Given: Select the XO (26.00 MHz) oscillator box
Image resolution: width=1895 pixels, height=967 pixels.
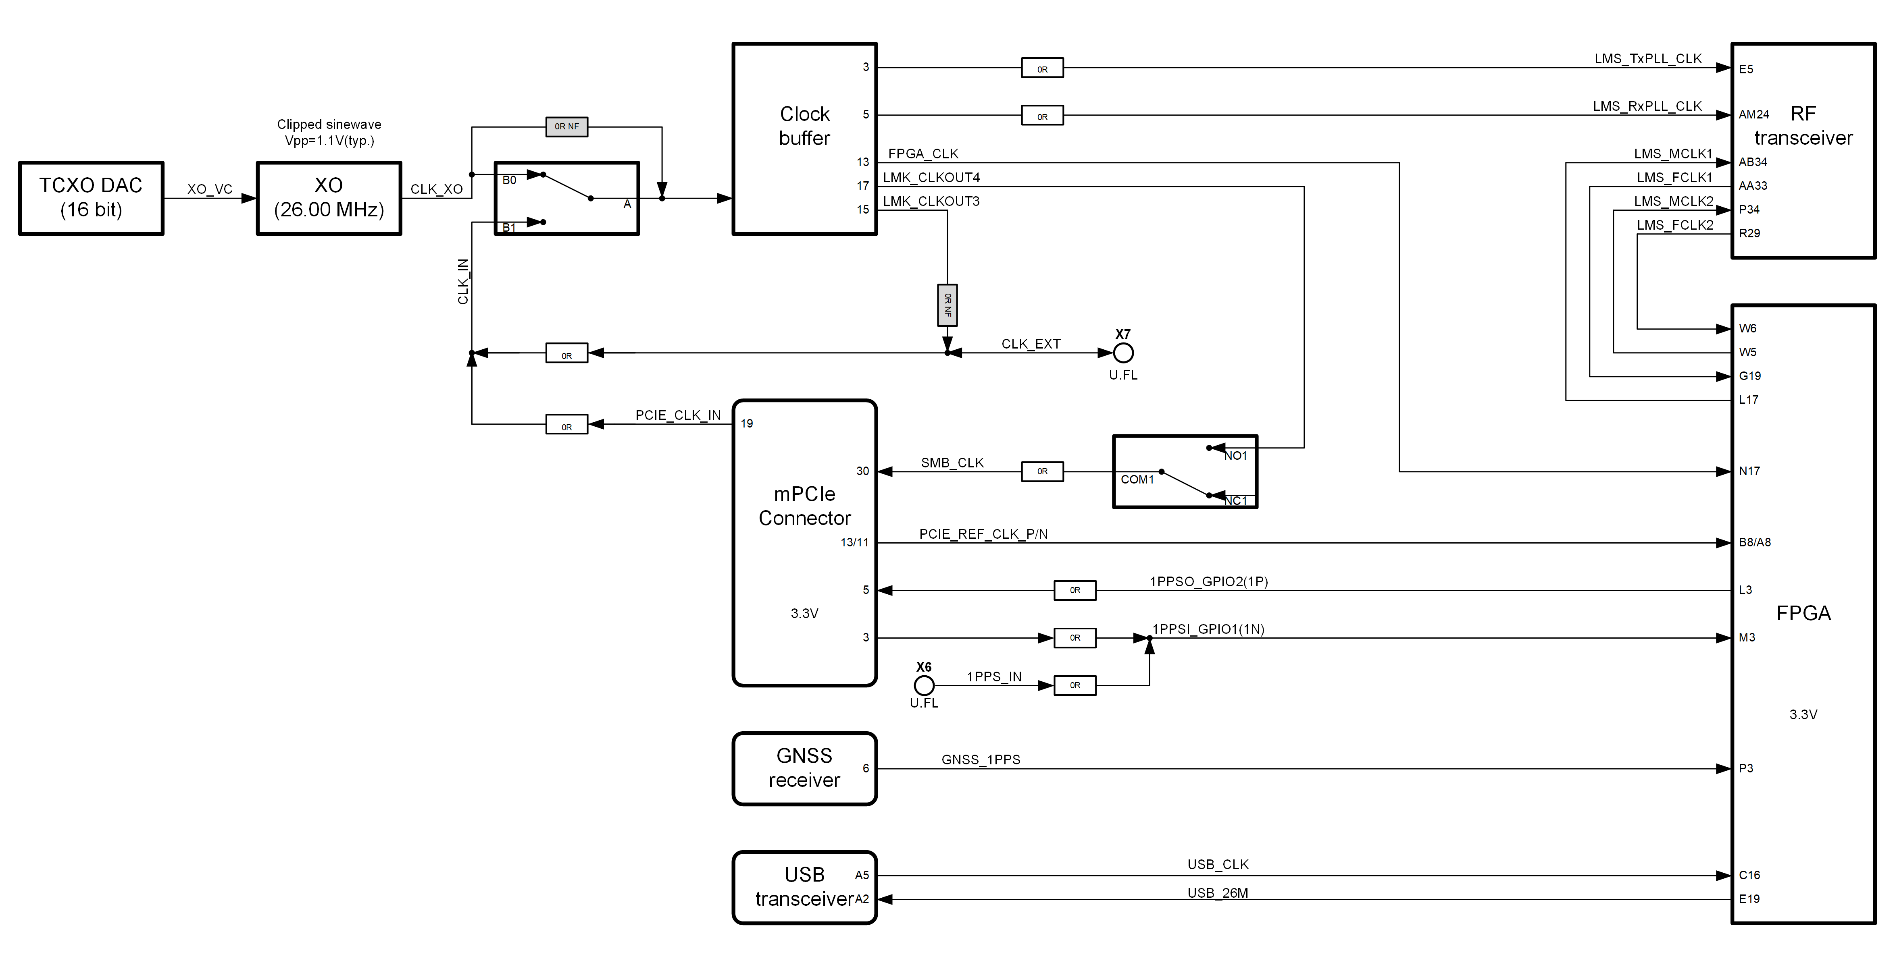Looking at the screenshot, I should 329,198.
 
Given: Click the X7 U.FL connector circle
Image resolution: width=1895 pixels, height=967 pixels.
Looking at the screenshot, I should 1122,353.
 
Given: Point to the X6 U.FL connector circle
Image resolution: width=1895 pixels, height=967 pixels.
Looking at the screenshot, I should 924,685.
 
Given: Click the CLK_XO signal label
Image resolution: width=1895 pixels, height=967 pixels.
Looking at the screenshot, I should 436,189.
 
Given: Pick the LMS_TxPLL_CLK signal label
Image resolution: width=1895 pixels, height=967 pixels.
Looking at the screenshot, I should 1648,59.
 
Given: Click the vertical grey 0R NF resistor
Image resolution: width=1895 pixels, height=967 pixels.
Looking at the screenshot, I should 947,305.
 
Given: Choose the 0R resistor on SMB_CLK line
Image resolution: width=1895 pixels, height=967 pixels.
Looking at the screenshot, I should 1042,471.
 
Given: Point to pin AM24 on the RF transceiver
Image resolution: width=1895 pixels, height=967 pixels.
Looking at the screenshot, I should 1754,115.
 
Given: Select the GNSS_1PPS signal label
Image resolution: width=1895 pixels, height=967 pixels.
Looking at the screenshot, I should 981,759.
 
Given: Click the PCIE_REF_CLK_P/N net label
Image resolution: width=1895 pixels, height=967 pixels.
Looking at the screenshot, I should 983,534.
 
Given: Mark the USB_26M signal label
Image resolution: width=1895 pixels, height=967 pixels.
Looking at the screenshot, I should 1218,893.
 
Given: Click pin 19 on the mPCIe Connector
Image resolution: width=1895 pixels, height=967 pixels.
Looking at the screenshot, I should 747,423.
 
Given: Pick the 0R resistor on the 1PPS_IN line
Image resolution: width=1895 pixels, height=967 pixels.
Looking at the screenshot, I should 1075,685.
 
